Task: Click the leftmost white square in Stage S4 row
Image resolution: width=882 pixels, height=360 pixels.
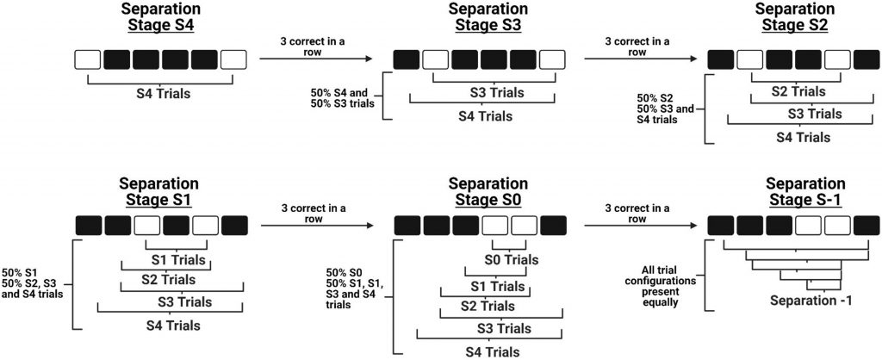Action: [87, 59]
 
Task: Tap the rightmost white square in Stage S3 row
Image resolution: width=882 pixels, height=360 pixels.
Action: [551, 59]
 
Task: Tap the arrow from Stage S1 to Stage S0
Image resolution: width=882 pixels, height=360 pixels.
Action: [316, 226]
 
